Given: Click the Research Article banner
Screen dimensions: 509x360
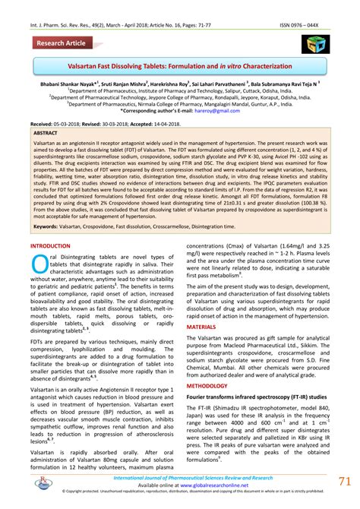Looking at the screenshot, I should coord(62,43).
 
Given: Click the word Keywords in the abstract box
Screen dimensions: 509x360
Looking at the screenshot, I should coord(47,227).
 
